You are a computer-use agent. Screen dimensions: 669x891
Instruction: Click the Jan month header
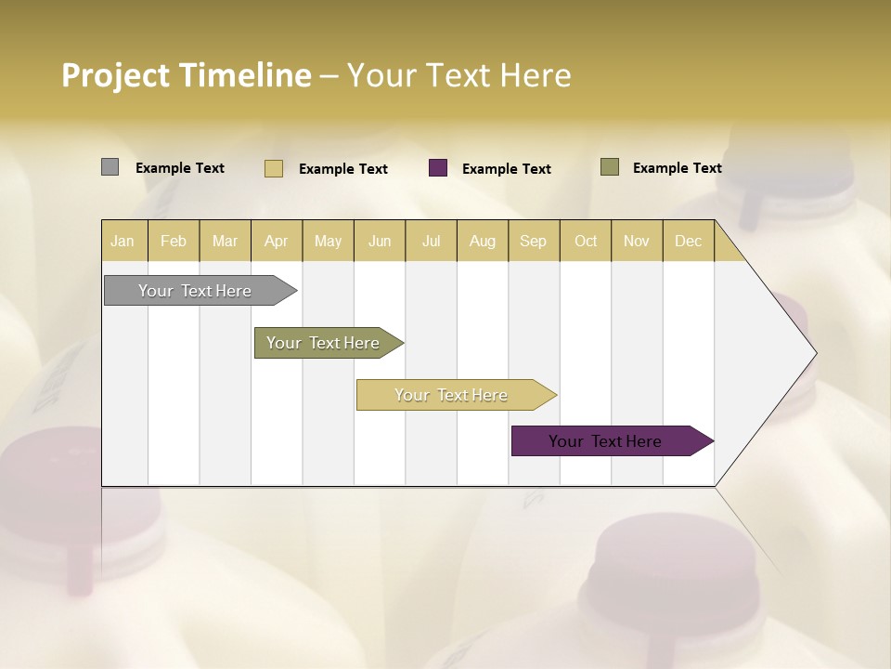point(123,241)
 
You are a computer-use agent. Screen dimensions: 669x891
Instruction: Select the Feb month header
point(174,241)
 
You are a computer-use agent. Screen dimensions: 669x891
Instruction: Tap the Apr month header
point(276,241)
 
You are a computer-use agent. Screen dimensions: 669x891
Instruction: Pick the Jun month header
point(380,241)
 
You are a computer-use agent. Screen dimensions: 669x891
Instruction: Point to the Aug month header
point(482,241)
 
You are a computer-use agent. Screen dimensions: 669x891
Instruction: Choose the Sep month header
point(533,241)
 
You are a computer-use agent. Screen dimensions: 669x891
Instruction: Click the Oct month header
point(586,241)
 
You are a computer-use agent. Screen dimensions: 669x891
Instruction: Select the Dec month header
point(688,241)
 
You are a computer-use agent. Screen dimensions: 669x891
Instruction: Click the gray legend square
point(110,167)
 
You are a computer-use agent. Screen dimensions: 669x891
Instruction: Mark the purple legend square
point(438,168)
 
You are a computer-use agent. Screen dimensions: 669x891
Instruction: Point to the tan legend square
point(274,168)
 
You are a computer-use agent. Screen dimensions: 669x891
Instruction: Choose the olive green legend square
point(610,167)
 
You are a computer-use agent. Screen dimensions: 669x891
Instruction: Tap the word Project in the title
point(115,75)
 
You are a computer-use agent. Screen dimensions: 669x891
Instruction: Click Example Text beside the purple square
point(506,169)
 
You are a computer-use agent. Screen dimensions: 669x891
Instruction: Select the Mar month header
point(225,241)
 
